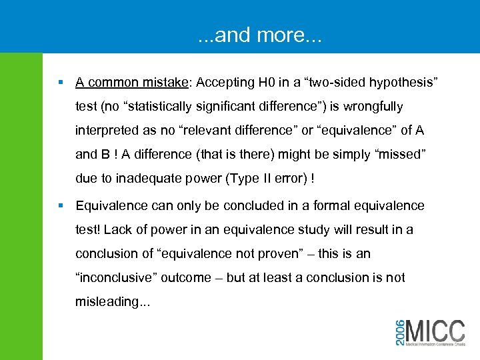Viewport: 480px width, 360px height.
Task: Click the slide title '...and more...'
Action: pos(259,35)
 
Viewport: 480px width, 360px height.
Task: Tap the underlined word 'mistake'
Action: pos(165,83)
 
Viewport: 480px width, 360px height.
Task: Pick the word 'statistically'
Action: pos(165,107)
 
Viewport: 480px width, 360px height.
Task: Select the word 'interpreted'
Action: pos(109,131)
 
